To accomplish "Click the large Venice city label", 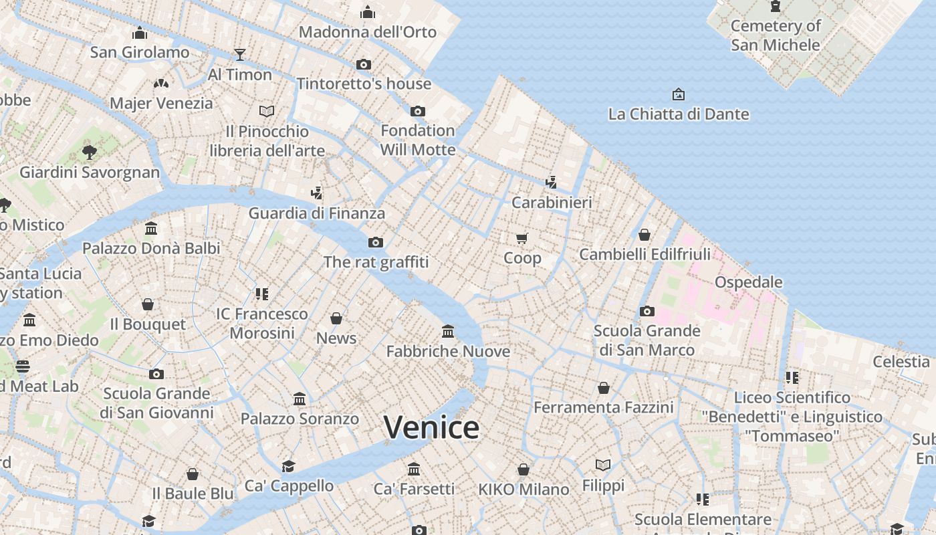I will (x=431, y=427).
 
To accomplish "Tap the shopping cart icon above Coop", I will (x=522, y=238).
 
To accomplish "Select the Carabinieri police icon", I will (x=551, y=182).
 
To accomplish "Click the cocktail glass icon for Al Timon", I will (x=240, y=54).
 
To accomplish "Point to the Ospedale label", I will (x=748, y=282).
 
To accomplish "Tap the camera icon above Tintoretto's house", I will (x=364, y=64).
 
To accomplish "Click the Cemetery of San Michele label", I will (x=776, y=35).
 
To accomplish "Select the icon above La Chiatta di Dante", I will (x=679, y=94).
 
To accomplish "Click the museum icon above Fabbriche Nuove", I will (x=448, y=331).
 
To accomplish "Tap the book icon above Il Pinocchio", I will (x=267, y=111).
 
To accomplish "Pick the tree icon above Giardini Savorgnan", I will (x=90, y=152).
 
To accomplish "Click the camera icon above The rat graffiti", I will (x=376, y=242).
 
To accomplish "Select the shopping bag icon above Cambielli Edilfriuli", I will (x=645, y=235).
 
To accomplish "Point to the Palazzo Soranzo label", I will (x=300, y=419).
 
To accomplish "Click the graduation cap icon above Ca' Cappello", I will (x=288, y=466).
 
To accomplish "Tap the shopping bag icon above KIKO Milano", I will (x=523, y=469).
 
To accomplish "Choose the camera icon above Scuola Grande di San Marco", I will (x=647, y=311).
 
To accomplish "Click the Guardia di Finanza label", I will (x=317, y=213).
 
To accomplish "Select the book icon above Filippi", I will (x=603, y=465).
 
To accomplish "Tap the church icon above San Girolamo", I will (x=140, y=32).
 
